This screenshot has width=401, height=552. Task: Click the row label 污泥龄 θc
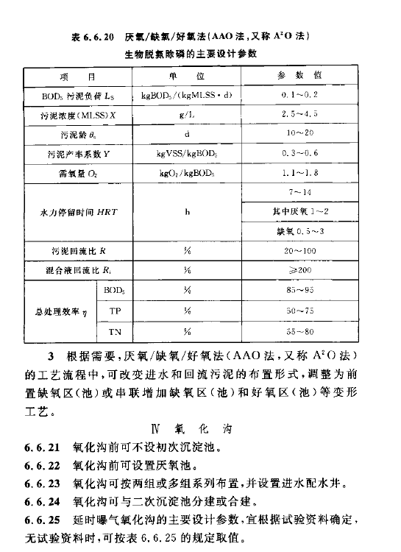coord(74,135)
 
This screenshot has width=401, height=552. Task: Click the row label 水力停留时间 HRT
coord(74,211)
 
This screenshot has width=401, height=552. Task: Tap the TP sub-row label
coord(115,310)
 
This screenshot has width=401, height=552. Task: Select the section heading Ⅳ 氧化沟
coord(200,428)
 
